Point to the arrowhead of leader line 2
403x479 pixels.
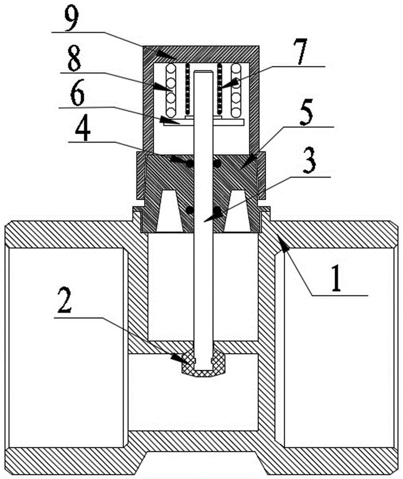[178, 358]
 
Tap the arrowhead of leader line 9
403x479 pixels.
[165, 55]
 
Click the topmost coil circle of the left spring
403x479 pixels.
[171, 68]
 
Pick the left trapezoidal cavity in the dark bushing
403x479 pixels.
[170, 211]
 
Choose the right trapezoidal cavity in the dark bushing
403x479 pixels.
[237, 211]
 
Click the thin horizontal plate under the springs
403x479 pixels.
[203, 122]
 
